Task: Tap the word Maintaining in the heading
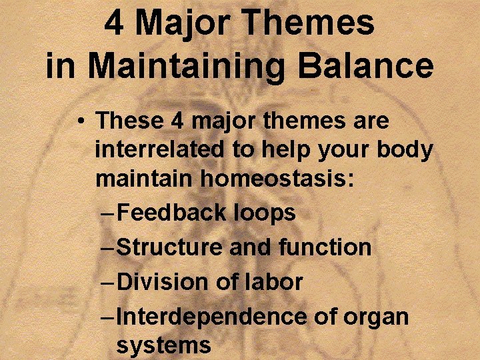coord(189,65)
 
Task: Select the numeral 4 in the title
coord(114,24)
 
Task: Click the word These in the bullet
coord(130,121)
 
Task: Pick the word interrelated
coord(161,150)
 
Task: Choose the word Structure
coord(170,247)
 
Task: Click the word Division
coord(163,281)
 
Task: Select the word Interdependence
coord(210,316)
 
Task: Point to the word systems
coord(163,346)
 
